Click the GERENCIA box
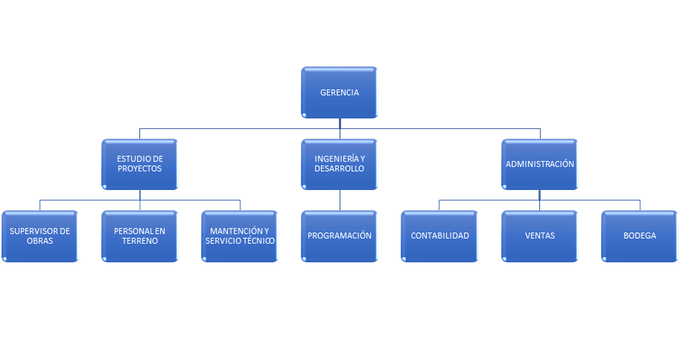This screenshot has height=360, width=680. click(x=340, y=92)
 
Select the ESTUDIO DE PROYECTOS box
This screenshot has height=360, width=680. click(x=139, y=164)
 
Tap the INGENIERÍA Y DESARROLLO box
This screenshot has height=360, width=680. click(x=340, y=164)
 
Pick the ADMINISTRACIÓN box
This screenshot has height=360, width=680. click(x=540, y=164)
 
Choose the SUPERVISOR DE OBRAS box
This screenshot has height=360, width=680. click(x=39, y=236)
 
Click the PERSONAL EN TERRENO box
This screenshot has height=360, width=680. click(x=139, y=236)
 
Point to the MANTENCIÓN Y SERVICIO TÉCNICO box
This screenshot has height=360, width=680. click(x=240, y=236)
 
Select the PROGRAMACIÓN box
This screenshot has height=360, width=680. click(x=340, y=236)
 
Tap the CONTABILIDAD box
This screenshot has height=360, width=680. click(x=440, y=236)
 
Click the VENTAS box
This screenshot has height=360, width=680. click(x=540, y=236)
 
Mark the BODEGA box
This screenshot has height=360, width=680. click(x=640, y=236)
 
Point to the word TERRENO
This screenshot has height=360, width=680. click(x=139, y=241)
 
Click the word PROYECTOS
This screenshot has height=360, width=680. click(x=139, y=169)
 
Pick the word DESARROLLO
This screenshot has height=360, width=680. click(x=340, y=169)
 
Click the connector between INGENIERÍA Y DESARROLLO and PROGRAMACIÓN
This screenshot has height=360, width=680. click(x=340, y=200)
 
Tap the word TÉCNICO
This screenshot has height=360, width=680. click(x=258, y=241)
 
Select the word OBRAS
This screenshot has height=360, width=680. click(x=39, y=241)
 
